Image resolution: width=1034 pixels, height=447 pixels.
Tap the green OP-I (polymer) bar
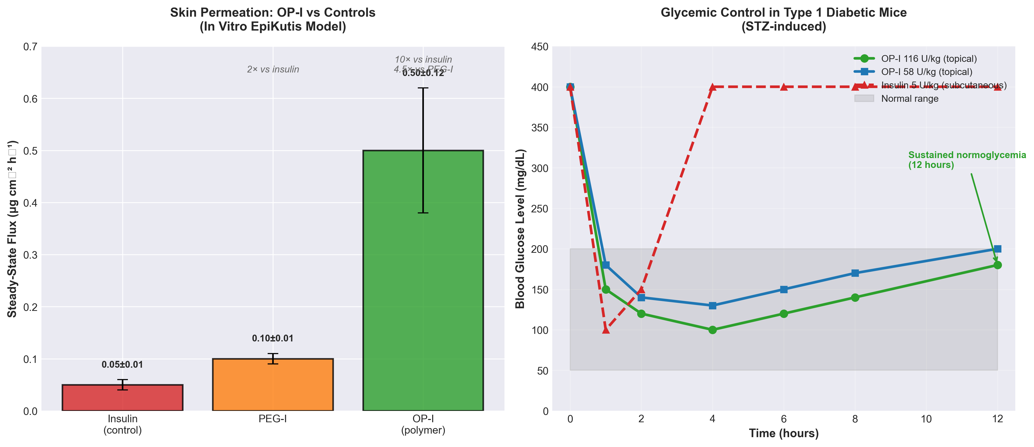pyautogui.click(x=423, y=281)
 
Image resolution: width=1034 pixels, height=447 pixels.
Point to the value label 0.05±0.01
pyautogui.click(x=122, y=364)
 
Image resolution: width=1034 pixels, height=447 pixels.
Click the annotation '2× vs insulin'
pyautogui.click(x=273, y=69)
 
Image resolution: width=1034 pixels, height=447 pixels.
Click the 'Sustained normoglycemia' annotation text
pyautogui.click(x=967, y=160)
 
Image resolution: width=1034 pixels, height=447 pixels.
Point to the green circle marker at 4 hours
pyautogui.click(x=713, y=330)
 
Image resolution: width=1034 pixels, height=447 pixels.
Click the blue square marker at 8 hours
pyautogui.click(x=855, y=273)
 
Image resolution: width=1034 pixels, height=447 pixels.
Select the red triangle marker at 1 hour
pyautogui.click(x=606, y=330)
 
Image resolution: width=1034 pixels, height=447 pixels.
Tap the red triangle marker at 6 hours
pyautogui.click(x=784, y=87)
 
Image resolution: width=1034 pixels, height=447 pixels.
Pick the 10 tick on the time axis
pyautogui.click(x=926, y=419)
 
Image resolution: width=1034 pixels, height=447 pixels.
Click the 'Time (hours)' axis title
pyautogui.click(x=784, y=433)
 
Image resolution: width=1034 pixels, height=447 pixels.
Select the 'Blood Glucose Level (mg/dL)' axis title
pyautogui.click(x=520, y=229)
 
